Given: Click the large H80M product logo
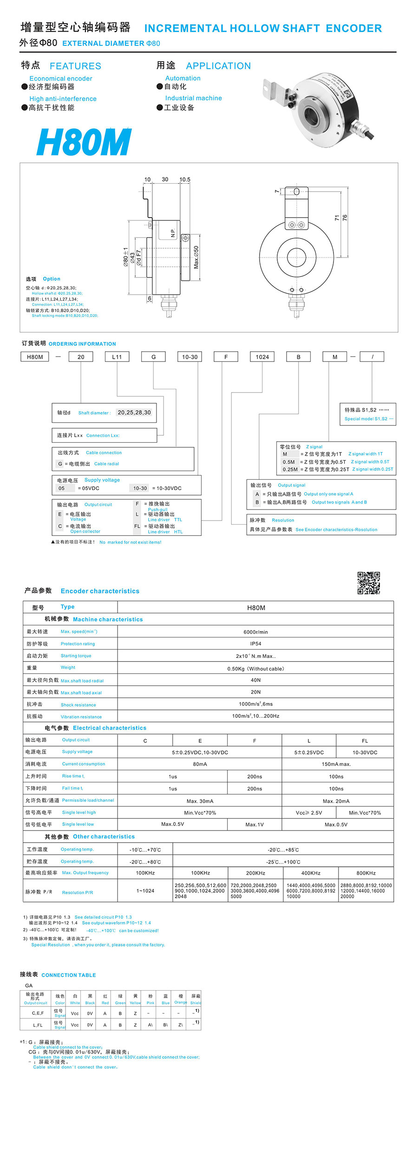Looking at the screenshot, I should click(x=84, y=142).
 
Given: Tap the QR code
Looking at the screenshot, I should click(x=368, y=583).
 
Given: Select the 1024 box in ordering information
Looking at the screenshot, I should click(x=262, y=357).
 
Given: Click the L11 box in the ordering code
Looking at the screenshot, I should click(x=117, y=357).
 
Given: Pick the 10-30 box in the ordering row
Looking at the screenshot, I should click(x=189, y=357).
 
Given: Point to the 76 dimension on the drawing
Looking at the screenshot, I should click(x=345, y=217).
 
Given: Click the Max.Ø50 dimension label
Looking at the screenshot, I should click(x=196, y=258).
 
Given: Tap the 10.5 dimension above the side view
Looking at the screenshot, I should click(x=185, y=180).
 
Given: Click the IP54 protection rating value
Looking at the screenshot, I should click(x=255, y=644).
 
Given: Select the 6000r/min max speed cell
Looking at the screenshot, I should click(x=255, y=632).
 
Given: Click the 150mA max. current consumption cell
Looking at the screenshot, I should click(x=336, y=764).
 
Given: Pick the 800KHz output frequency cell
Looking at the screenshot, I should click(x=366, y=873).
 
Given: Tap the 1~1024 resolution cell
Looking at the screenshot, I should click(x=145, y=890).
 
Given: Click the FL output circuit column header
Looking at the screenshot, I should click(x=365, y=741).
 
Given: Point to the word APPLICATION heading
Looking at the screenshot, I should click(x=218, y=66).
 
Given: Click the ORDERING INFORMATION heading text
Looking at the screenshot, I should click(x=82, y=344).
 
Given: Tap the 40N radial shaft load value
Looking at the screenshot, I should click(x=255, y=680).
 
